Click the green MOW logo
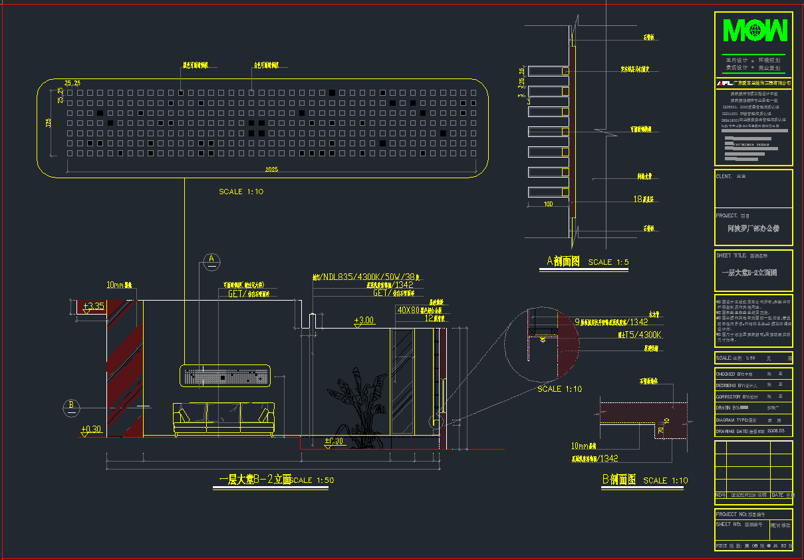tap(755, 31)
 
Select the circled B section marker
tap(71, 406)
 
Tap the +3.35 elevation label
tap(94, 307)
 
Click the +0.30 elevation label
tap(91, 429)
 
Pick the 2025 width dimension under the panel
tap(271, 170)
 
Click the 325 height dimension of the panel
tap(49, 123)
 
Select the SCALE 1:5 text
tap(608, 262)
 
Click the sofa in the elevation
tap(223, 419)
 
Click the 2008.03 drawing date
tap(776, 431)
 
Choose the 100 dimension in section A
tap(548, 204)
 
